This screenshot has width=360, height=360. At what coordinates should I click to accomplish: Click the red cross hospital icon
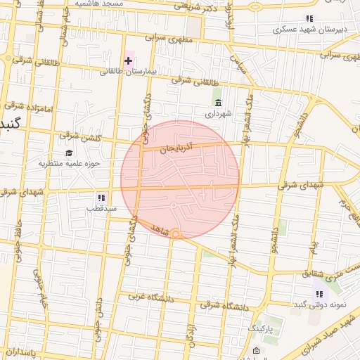128,60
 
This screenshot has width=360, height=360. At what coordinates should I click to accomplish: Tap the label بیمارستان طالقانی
124,71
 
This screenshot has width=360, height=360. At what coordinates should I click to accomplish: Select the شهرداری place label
217,113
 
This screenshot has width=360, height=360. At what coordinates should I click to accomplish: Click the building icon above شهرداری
217,103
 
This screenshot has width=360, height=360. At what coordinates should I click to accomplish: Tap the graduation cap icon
69,153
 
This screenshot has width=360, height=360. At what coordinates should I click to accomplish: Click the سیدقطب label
101,208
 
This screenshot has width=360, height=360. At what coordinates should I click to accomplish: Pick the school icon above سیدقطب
101,198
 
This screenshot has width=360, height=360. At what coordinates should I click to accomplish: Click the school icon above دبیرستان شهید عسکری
309,19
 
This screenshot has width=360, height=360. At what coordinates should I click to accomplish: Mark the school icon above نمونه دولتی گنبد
319,294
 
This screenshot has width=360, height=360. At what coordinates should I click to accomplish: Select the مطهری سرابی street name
167,37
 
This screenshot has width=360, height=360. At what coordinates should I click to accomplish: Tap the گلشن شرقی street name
72,135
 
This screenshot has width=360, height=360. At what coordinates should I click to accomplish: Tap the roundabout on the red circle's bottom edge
176,233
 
